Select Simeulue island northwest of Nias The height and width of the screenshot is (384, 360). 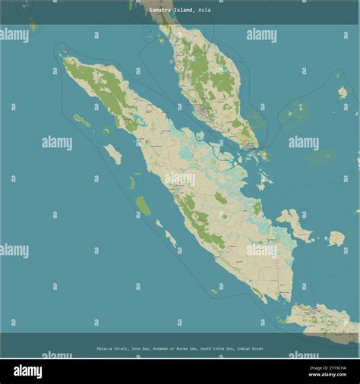tap(81, 120)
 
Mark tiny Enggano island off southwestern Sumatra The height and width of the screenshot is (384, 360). tap(214, 291)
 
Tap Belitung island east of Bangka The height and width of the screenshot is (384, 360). tap(336, 238)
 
